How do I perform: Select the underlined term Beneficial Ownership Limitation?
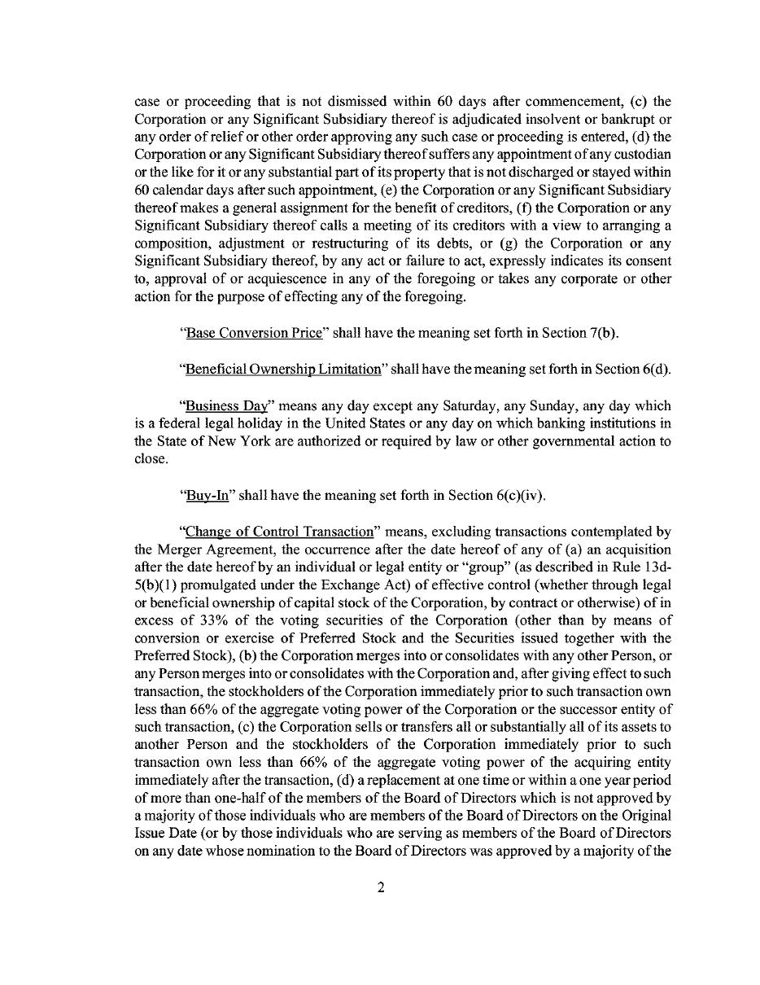pyautogui.click(x=283, y=369)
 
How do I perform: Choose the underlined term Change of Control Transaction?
pyautogui.click(x=279, y=531)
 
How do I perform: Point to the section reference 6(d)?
pyautogui.click(x=655, y=369)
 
